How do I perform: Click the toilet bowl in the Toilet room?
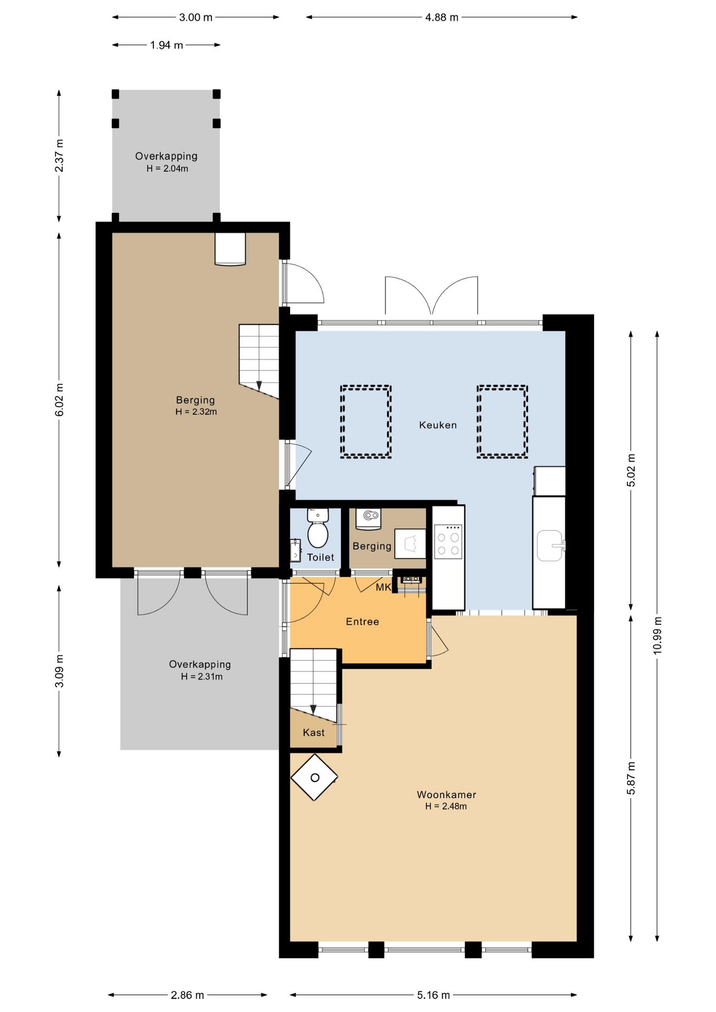317,529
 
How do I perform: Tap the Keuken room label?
438,425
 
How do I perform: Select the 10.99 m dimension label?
657,635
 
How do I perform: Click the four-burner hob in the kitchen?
448,541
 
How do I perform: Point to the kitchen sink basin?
550,546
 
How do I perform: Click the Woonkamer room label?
447,794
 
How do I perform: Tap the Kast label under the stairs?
314,733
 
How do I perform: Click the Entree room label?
362,622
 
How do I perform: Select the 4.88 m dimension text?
442,17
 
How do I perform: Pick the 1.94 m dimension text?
167,45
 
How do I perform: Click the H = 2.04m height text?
167,169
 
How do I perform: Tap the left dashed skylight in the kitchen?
365,422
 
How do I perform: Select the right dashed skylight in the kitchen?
502,422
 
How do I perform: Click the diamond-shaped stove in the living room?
314,777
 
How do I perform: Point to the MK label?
383,587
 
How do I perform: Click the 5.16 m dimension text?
433,995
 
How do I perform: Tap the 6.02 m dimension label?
59,400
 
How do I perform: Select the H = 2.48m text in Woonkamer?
446,806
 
